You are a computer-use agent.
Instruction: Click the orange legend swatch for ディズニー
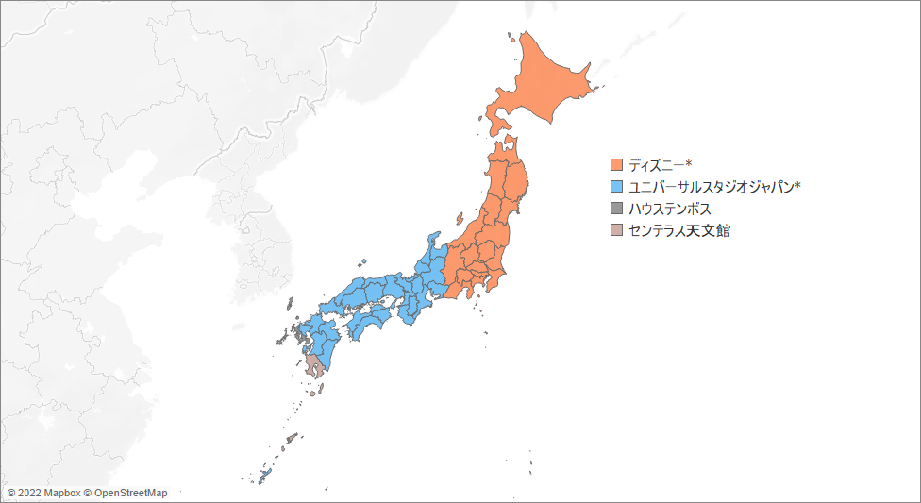[617, 165]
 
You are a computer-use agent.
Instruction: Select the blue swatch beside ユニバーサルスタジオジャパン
[617, 187]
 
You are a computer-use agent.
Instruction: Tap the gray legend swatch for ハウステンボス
[617, 209]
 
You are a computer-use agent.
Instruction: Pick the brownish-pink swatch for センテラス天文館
[617, 230]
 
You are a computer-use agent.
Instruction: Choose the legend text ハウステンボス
[670, 209]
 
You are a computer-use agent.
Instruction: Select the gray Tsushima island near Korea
[288, 303]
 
